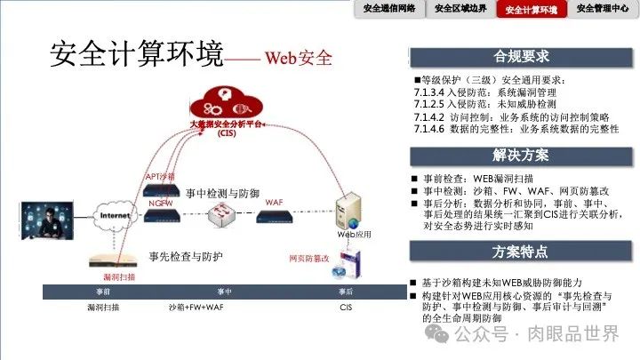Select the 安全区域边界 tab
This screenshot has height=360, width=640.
(x=460, y=9)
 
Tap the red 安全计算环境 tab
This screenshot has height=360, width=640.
(x=532, y=10)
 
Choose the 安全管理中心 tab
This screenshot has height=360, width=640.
(x=603, y=9)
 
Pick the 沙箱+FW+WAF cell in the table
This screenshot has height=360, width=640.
(x=224, y=307)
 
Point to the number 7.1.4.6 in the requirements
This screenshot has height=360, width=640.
(x=434, y=129)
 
